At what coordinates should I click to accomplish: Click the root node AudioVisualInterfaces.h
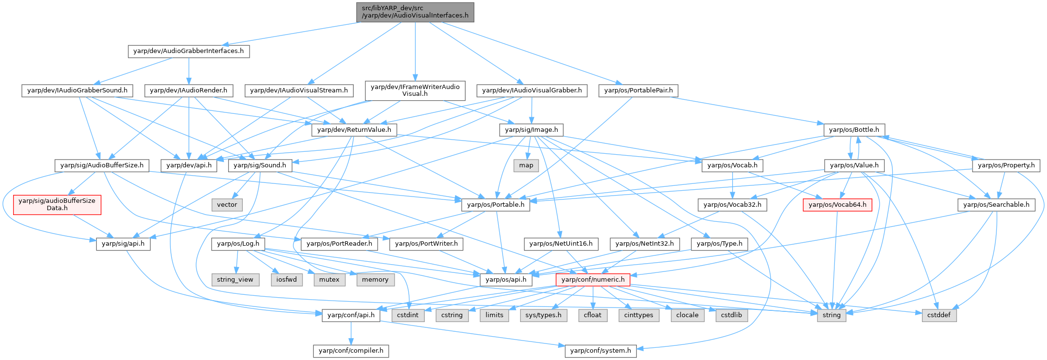[415, 12]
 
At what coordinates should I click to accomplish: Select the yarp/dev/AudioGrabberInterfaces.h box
[189, 51]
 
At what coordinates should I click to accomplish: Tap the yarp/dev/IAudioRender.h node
[189, 90]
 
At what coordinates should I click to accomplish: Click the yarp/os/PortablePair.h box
[638, 90]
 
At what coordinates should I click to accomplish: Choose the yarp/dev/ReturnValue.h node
[354, 130]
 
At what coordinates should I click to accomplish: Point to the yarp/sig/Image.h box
[531, 130]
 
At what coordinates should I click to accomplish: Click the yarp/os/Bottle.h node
[854, 130]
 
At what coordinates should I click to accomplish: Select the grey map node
[526, 165]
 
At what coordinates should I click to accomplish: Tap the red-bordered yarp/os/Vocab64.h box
[837, 205]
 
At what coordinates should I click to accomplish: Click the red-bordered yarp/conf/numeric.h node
[593, 280]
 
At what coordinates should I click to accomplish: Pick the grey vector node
[227, 205]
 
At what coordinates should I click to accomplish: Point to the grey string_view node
[235, 280]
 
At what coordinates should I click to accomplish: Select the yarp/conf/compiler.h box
[351, 351]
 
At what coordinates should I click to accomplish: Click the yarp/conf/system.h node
[600, 351]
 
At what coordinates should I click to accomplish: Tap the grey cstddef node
[939, 315]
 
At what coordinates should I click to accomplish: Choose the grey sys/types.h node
[543, 315]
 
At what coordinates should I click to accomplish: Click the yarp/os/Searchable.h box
[996, 205]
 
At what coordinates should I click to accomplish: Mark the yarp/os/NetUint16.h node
[561, 244]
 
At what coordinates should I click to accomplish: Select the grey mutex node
[329, 280]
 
